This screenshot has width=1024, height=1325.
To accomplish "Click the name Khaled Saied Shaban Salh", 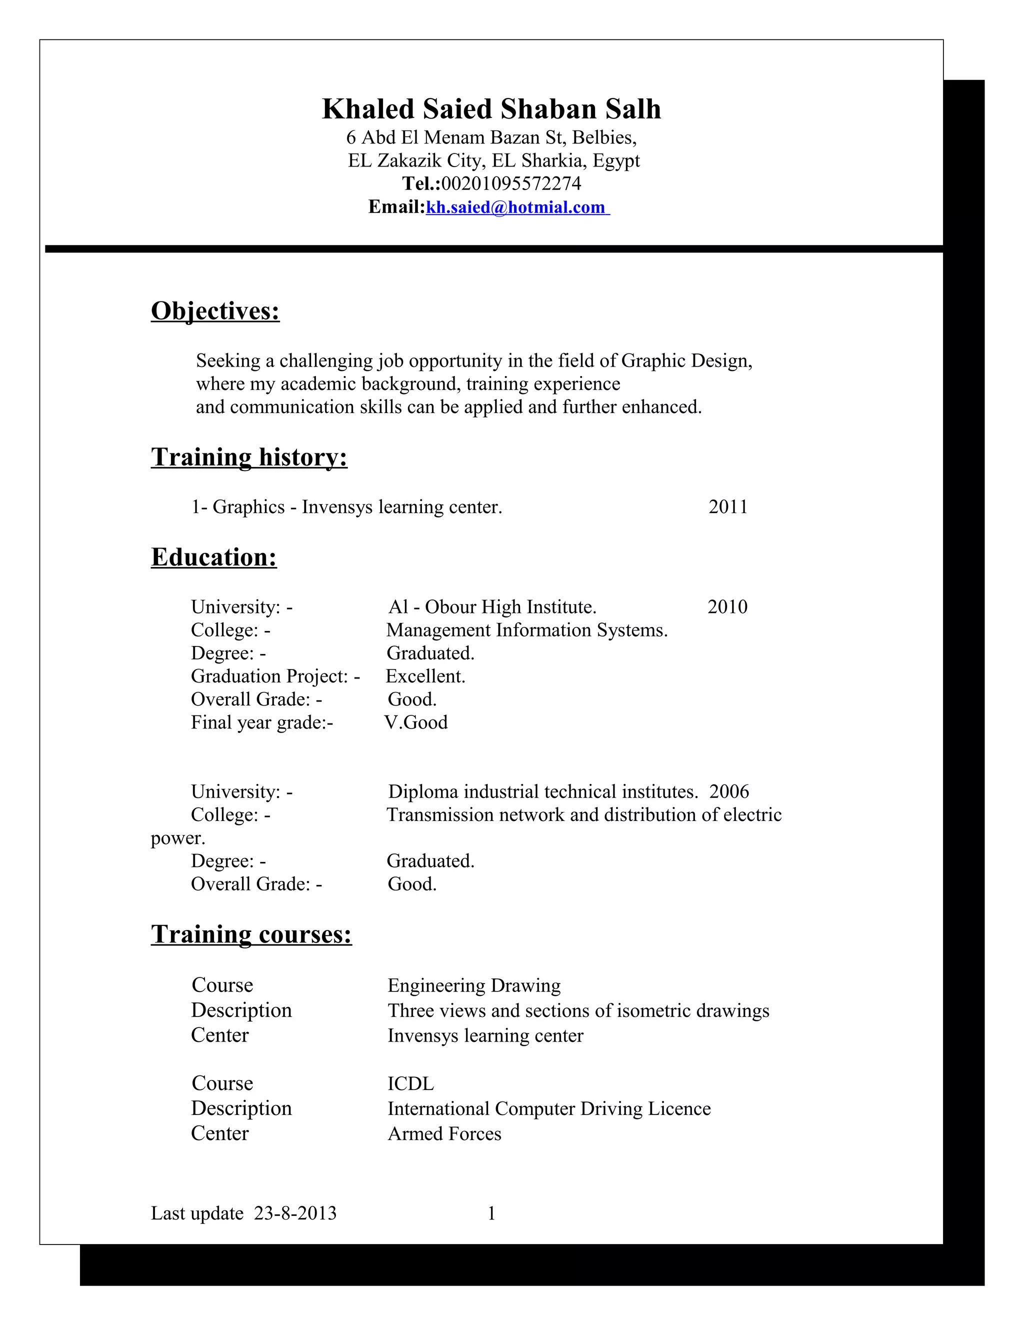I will tap(491, 109).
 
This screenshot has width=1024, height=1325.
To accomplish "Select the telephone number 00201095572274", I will tap(511, 183).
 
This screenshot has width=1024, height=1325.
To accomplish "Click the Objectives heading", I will tap(215, 311).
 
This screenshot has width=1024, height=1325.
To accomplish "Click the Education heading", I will tap(214, 557).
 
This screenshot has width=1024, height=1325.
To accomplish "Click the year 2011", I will tap(728, 506).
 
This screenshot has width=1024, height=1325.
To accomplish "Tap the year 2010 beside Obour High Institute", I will tap(727, 606).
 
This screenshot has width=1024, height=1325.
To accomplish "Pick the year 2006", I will tap(729, 791).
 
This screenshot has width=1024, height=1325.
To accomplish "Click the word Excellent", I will tap(425, 676).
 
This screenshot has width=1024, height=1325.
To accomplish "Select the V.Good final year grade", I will tap(416, 722).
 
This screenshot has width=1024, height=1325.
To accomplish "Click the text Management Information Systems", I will tap(526, 630).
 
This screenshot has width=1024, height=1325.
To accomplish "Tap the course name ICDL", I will tap(410, 1083).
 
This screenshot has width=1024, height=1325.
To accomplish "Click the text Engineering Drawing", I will tap(474, 985).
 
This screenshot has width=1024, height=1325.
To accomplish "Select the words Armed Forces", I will tap(444, 1134).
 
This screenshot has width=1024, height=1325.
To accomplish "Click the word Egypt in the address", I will tap(616, 161).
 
